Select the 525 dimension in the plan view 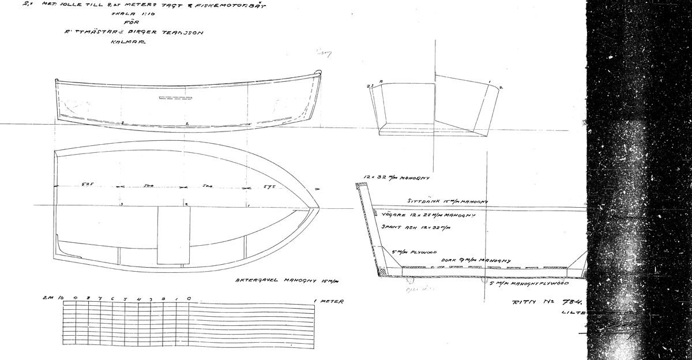pyautogui.click(x=87, y=185)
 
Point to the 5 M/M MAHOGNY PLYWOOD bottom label pyautogui.click(x=529, y=283)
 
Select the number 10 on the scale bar pyautogui.click(x=61, y=298)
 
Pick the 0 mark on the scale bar pyautogui.click(x=189, y=299)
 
